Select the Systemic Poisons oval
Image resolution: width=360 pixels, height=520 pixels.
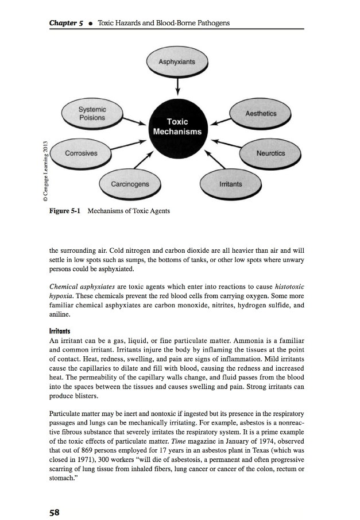click(x=92, y=114)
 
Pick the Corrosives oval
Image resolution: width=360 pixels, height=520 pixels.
click(x=82, y=153)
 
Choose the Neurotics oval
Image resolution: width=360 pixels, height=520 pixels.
click(x=270, y=153)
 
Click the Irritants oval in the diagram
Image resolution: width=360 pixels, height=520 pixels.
click(x=230, y=184)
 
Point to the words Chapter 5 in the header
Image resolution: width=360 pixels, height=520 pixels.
click(x=67, y=22)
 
